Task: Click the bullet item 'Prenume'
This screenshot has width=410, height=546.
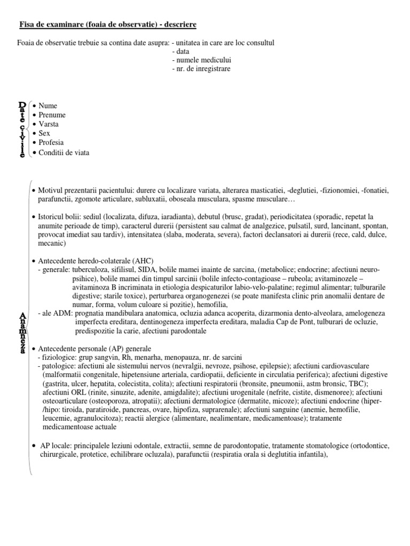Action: [x=52, y=115]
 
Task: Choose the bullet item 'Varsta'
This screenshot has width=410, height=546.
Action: [x=49, y=124]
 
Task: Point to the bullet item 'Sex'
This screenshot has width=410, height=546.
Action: [x=44, y=133]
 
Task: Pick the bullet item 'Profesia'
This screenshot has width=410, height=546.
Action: [x=51, y=143]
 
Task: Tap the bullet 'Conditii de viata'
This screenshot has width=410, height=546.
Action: [x=64, y=152]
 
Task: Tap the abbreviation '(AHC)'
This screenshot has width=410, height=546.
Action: [x=144, y=261]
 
